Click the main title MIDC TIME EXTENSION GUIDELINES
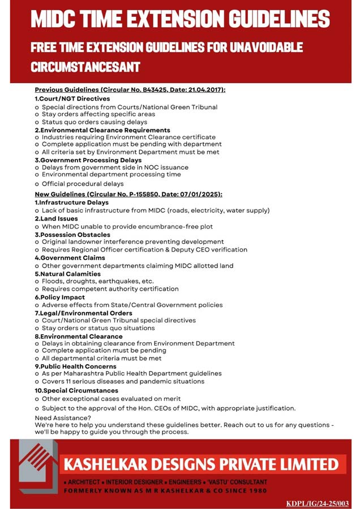(179, 20)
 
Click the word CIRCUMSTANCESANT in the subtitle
(85, 67)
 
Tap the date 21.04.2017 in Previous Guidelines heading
(207, 90)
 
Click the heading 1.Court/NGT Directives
(72, 98)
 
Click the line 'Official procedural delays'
(83, 184)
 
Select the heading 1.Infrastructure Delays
(72, 202)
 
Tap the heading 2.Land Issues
(57, 218)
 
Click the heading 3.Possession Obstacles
(72, 234)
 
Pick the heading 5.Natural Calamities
(68, 274)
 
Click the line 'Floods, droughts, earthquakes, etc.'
(97, 281)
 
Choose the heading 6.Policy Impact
(60, 297)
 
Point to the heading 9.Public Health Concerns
(76, 366)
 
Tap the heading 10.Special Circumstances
(76, 390)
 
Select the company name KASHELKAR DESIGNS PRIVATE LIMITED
(201, 465)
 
